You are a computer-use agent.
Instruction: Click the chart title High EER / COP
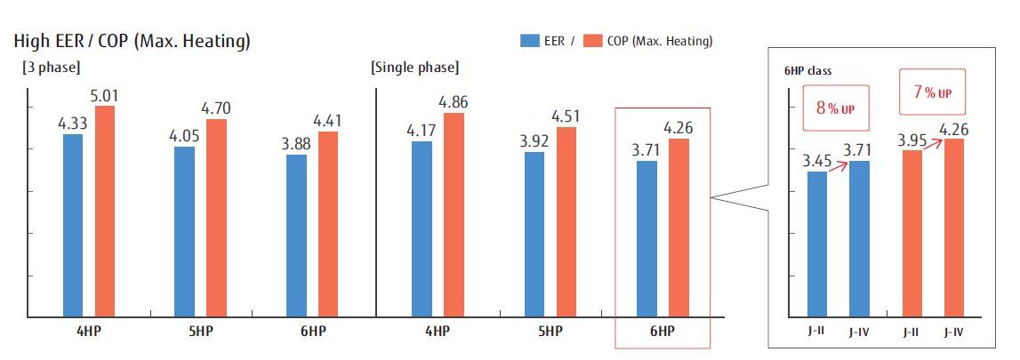coord(132,41)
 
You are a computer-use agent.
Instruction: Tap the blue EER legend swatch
coord(529,40)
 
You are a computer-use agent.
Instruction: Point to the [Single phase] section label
coord(414,67)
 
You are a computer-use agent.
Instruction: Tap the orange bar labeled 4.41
coord(328,224)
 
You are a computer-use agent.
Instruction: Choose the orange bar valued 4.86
coord(454,214)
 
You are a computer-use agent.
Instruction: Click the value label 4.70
coord(216,109)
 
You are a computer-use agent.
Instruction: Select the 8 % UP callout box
coord(835,108)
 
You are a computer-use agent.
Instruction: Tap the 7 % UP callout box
coord(932,93)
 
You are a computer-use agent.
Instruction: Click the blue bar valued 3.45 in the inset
coord(817,244)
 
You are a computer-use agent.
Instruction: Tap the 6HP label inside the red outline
coord(663,332)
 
